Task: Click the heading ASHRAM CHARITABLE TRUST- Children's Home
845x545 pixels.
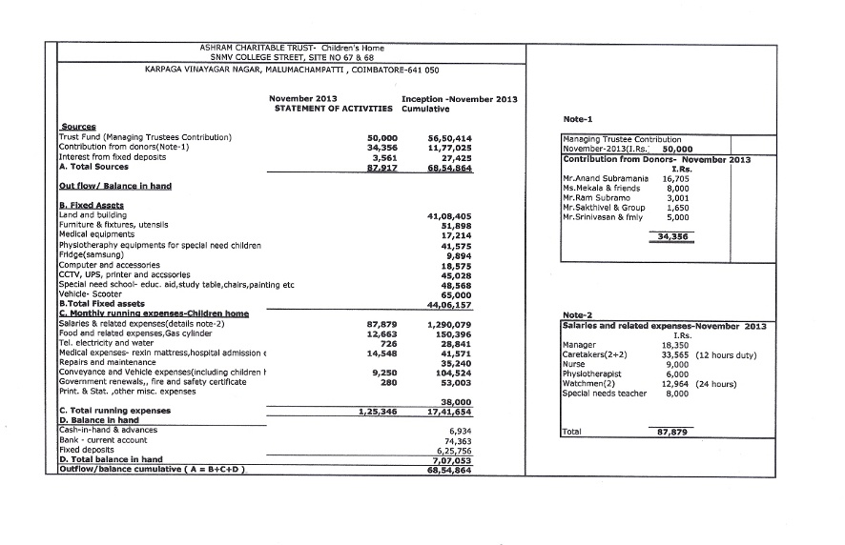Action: pyautogui.click(x=290, y=47)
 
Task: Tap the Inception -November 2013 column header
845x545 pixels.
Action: pyautogui.click(x=460, y=99)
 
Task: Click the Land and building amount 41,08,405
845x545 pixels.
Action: pyautogui.click(x=450, y=216)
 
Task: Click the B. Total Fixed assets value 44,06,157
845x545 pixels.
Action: pyautogui.click(x=450, y=304)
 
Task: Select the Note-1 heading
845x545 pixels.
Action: pyautogui.click(x=579, y=118)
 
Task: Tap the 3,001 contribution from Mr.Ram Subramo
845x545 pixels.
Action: pyautogui.click(x=677, y=197)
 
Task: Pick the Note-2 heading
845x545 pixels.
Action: pyautogui.click(x=579, y=314)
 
